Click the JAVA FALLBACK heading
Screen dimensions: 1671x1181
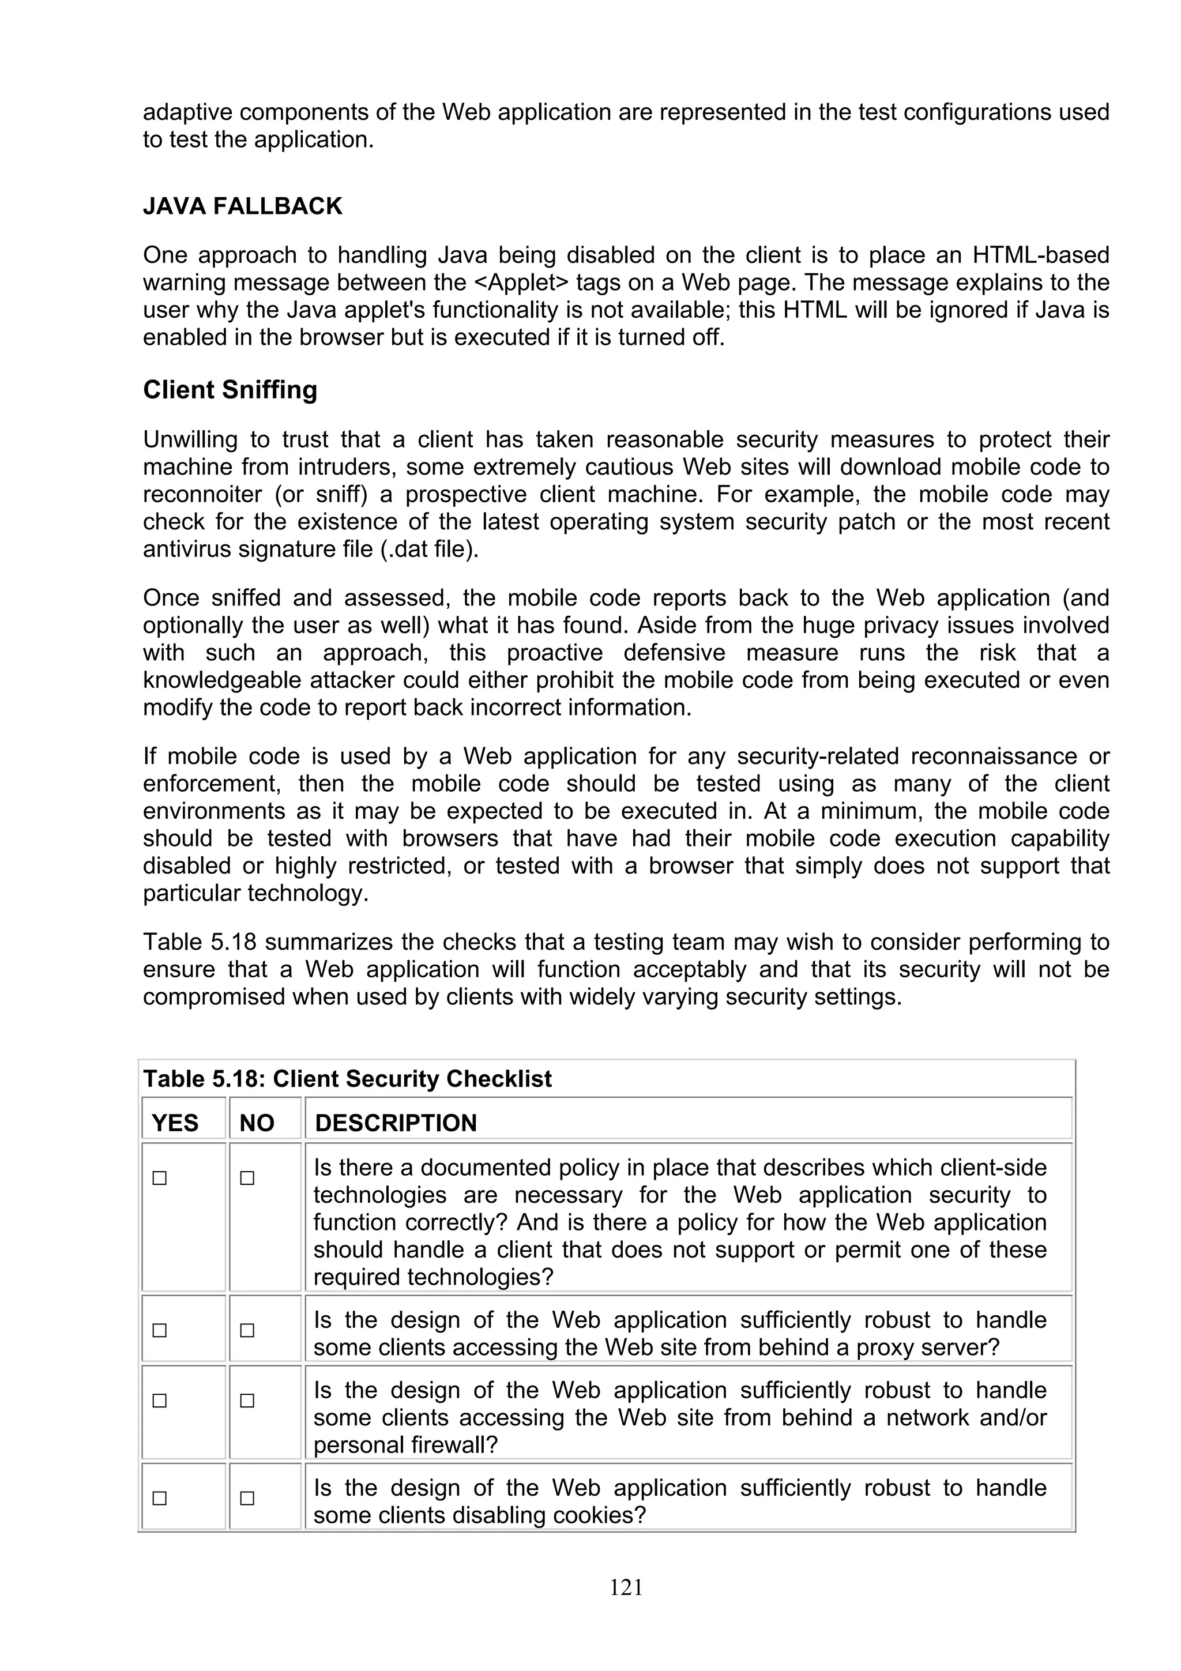[242, 206]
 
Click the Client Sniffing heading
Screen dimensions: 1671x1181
[230, 390]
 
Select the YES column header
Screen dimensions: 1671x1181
[175, 1123]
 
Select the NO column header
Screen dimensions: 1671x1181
[257, 1123]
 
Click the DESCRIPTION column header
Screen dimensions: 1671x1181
[396, 1123]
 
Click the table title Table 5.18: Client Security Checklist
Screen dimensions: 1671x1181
[347, 1079]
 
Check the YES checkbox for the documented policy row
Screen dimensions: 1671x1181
[159, 1178]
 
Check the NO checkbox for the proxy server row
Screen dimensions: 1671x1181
[247, 1330]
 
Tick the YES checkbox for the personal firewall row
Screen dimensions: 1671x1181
[159, 1401]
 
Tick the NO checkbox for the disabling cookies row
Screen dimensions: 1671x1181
[247, 1499]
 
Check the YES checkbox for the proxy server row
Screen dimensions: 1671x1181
[159, 1330]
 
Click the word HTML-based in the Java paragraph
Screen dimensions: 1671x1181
[1040, 255]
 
